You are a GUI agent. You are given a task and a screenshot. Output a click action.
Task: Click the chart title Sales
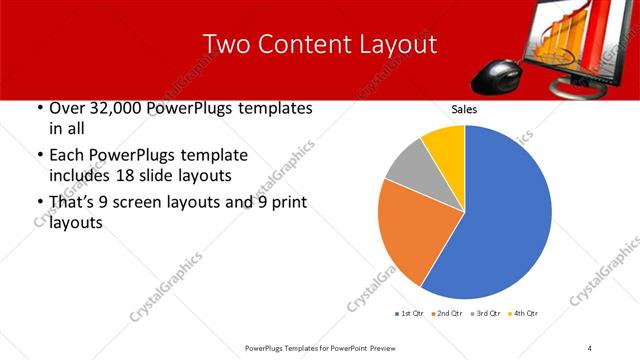464,108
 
